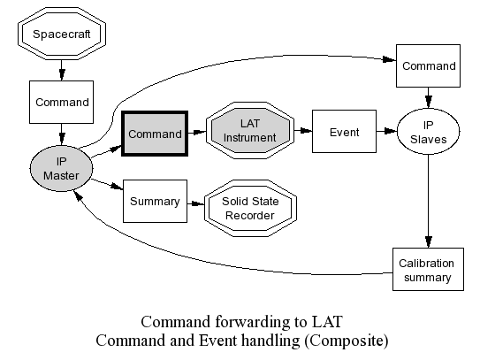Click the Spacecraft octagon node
coord(62,34)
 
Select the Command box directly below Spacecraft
coord(61,102)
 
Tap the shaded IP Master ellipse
coord(61,168)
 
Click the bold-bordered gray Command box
coord(155,134)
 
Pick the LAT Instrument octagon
coord(250,131)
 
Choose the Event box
coord(344,132)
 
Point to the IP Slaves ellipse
coord(428,132)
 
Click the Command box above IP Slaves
coord(428,65)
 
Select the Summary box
coord(155,201)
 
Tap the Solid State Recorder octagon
coord(250,208)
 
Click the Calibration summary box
coord(428,269)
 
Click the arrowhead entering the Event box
coord(306,131)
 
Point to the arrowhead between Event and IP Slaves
coord(391,131)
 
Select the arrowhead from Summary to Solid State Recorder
coord(198,203)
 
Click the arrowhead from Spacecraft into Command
coord(62,75)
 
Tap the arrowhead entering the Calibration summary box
coord(428,242)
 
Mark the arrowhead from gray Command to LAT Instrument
coord(200,132)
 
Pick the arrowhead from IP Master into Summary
coord(117,187)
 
